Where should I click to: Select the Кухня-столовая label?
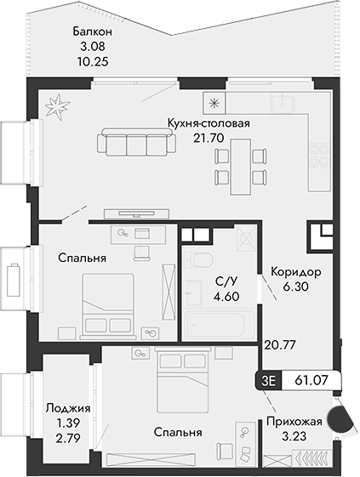(x=209, y=123)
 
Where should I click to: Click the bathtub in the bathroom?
(x=215, y=325)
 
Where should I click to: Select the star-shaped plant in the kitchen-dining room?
(x=60, y=107)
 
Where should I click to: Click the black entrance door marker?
(x=344, y=418)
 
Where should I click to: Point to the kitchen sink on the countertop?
(x=283, y=106)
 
